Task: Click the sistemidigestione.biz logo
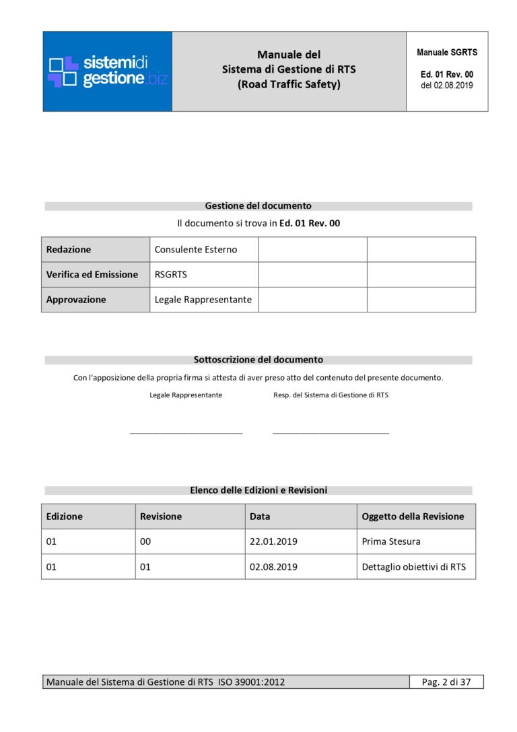[108, 71]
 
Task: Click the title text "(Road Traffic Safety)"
[289, 85]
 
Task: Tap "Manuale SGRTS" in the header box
[447, 53]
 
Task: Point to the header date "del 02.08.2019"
[447, 86]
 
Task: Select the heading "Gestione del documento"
[258, 206]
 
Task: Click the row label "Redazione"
[69, 249]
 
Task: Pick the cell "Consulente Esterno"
[196, 249]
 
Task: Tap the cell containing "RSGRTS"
[169, 275]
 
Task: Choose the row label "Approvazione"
[76, 300]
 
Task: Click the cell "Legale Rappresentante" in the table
[203, 300]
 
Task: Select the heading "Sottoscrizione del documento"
[258, 360]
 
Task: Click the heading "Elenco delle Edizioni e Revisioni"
[258, 490]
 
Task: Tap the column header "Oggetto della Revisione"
[413, 517]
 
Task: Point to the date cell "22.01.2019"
[273, 541]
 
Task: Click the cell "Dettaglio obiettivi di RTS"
[413, 567]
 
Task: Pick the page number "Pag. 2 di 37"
[446, 682]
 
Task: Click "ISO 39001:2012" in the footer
[251, 682]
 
